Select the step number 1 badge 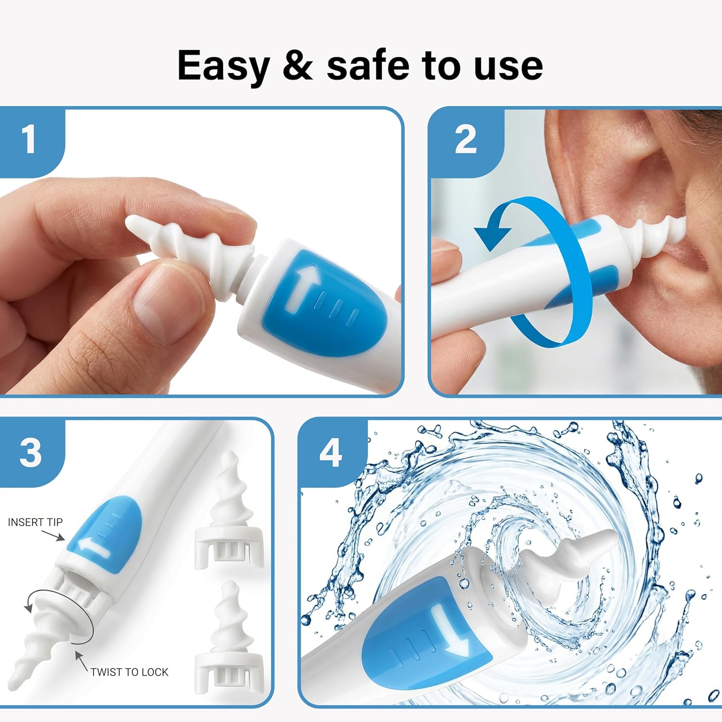coord(29,140)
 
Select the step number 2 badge coord(465,140)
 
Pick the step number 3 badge coord(30,452)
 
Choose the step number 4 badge coord(331,452)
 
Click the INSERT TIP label coord(35,522)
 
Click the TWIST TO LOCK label coord(129,672)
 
